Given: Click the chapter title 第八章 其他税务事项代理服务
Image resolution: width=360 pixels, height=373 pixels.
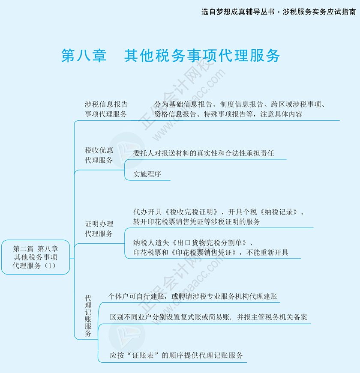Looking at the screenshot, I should coord(171,56).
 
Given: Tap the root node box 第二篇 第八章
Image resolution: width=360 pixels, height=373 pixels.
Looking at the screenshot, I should coord(36,257).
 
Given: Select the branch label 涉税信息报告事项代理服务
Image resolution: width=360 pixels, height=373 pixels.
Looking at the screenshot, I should coord(106,109).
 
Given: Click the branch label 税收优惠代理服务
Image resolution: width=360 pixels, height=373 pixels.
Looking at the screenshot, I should coord(99,155).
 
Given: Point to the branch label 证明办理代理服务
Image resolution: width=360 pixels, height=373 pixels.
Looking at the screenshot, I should coord(99,229).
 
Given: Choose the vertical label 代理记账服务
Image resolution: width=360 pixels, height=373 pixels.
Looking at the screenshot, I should coord(88,315).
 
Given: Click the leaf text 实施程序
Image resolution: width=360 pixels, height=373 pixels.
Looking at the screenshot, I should coord(147,174).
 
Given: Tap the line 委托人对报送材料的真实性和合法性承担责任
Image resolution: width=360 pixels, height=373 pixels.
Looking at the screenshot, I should coord(204,153).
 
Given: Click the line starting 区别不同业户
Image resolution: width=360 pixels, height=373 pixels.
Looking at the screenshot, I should coord(208,317).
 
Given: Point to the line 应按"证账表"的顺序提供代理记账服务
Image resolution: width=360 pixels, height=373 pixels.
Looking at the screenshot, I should coord(176,355).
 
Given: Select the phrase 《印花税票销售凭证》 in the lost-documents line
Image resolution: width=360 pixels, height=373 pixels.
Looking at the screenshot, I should coord(205,252).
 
